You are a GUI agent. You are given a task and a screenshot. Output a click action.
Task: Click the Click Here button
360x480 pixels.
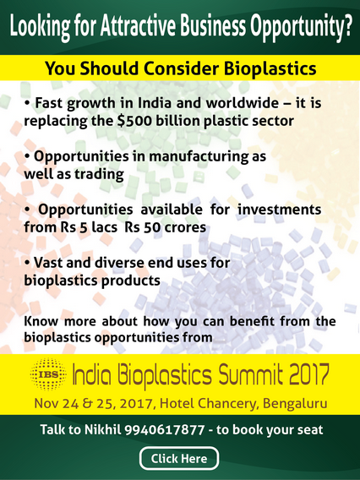click(179, 458)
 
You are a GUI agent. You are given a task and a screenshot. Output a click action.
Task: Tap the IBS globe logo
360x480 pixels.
click(48, 374)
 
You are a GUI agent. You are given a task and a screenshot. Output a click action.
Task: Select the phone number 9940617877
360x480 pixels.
click(165, 429)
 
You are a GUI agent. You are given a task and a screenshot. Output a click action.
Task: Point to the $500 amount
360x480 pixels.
click(134, 121)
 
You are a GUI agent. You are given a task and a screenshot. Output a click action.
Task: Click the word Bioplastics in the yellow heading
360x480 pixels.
click(270, 68)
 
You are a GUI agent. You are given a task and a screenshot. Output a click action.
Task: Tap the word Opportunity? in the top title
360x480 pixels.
click(301, 27)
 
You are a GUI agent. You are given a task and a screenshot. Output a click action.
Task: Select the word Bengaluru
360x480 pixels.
click(295, 403)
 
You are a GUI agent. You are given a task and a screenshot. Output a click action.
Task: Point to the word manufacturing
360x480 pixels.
click(199, 156)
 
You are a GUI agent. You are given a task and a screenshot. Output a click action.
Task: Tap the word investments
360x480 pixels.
click(280, 210)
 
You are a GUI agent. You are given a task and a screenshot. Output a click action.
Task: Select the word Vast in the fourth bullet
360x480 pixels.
click(48, 262)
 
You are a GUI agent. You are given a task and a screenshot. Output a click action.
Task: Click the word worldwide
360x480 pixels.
click(242, 103)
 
